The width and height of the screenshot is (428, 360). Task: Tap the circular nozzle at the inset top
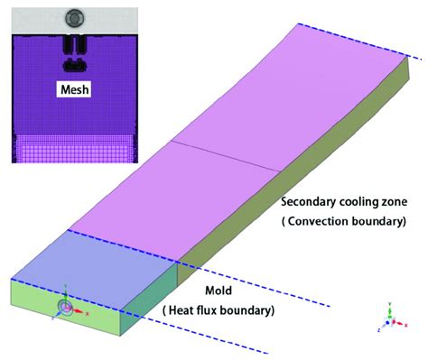pyautogui.click(x=73, y=16)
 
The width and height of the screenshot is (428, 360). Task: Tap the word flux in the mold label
pyautogui.click(x=210, y=311)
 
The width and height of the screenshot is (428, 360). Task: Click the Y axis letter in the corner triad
pyautogui.click(x=389, y=304)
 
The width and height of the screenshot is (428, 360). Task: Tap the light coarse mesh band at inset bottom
pyautogui.click(x=72, y=148)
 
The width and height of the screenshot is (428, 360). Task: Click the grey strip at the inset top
pyautogui.click(x=36, y=16)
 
